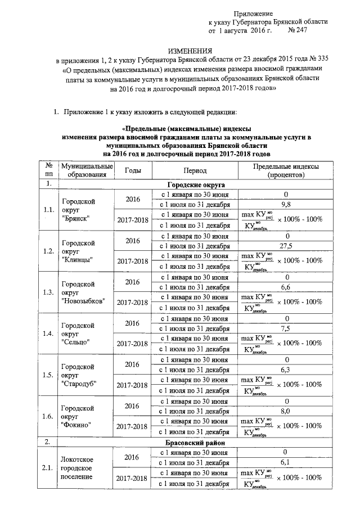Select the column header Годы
(x=133, y=170)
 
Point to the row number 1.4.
(x=48, y=334)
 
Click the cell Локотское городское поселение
(x=79, y=467)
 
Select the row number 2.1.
(x=48, y=467)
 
